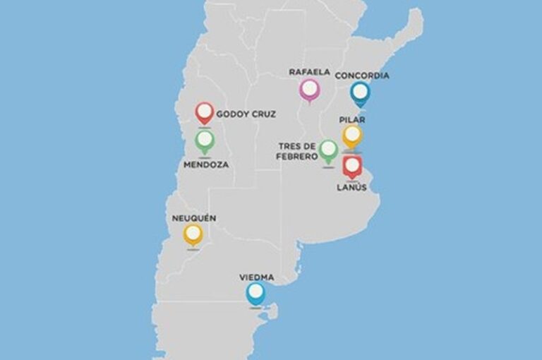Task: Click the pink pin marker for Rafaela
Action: click(x=308, y=89)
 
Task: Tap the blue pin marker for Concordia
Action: click(x=361, y=92)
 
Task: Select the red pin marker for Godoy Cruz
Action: click(x=205, y=112)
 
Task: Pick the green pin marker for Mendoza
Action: click(x=205, y=140)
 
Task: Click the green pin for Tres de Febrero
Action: click(x=328, y=149)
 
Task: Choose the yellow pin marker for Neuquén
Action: click(x=193, y=234)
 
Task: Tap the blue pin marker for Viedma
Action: click(x=255, y=292)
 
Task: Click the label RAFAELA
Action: click(x=309, y=72)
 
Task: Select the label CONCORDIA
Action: click(x=362, y=76)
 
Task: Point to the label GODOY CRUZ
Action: click(x=246, y=114)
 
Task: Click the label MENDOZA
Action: click(x=206, y=165)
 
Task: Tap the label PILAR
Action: click(x=352, y=120)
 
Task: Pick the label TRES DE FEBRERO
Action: click(x=297, y=151)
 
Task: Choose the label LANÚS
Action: click(x=351, y=187)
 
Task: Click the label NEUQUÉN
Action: click(x=194, y=218)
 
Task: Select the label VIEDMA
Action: click(x=256, y=277)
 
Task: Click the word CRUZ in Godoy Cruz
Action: click(x=263, y=114)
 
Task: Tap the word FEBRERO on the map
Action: click(x=297, y=156)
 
